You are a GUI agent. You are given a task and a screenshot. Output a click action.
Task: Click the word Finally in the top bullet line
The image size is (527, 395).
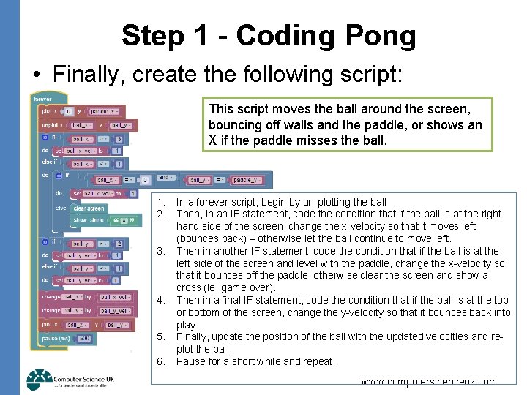[87, 74]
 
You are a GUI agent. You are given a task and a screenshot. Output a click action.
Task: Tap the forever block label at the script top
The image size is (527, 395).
[43, 99]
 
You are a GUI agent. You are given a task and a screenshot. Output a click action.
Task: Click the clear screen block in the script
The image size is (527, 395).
[89, 208]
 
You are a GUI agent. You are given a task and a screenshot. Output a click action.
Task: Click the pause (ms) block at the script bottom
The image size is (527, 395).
[56, 338]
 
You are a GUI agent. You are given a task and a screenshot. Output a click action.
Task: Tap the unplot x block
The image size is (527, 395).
[51, 125]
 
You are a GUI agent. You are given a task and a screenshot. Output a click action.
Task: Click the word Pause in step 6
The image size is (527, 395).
[190, 361]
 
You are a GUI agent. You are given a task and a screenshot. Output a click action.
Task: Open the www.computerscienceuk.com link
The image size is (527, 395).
[429, 382]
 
